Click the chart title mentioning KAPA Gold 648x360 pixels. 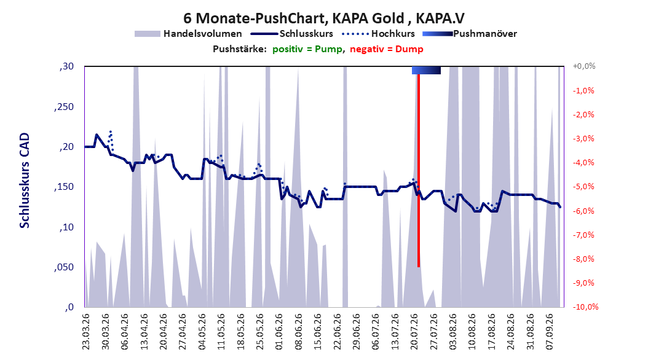(x=323, y=18)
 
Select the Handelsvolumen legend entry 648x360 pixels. (x=188, y=34)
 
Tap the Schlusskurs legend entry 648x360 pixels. (x=292, y=34)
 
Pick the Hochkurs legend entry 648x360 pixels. (x=378, y=34)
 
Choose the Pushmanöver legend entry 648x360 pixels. (x=470, y=34)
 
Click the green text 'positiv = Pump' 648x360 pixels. (x=307, y=49)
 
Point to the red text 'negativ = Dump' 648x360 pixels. (x=387, y=49)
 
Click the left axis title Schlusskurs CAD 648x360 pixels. (x=25, y=181)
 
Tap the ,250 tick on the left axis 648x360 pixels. (x=64, y=107)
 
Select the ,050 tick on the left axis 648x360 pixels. (x=64, y=267)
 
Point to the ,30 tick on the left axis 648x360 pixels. (x=66, y=66)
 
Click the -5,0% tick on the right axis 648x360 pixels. (x=583, y=187)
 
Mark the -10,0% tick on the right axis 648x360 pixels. (x=585, y=307)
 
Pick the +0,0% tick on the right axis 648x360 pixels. (x=584, y=66)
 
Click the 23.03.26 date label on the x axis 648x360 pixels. (x=86, y=332)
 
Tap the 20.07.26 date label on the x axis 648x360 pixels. (x=414, y=332)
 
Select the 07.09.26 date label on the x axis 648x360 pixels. (x=550, y=332)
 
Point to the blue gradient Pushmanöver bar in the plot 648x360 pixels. (x=426, y=71)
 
